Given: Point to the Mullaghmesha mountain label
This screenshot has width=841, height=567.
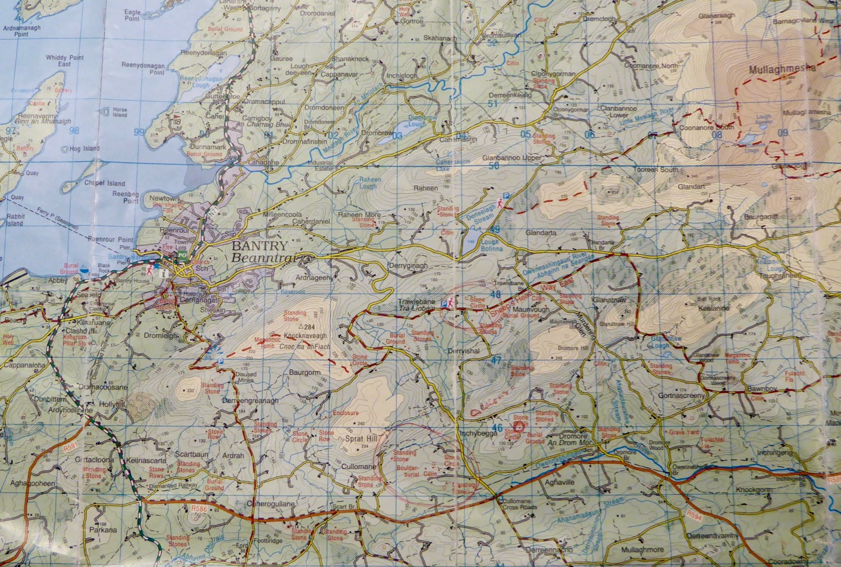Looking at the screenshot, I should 782,68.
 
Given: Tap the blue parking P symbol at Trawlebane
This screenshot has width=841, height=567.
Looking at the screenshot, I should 445,304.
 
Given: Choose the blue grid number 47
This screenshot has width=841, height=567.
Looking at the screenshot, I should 495,360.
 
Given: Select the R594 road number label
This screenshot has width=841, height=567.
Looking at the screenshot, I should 694,514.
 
